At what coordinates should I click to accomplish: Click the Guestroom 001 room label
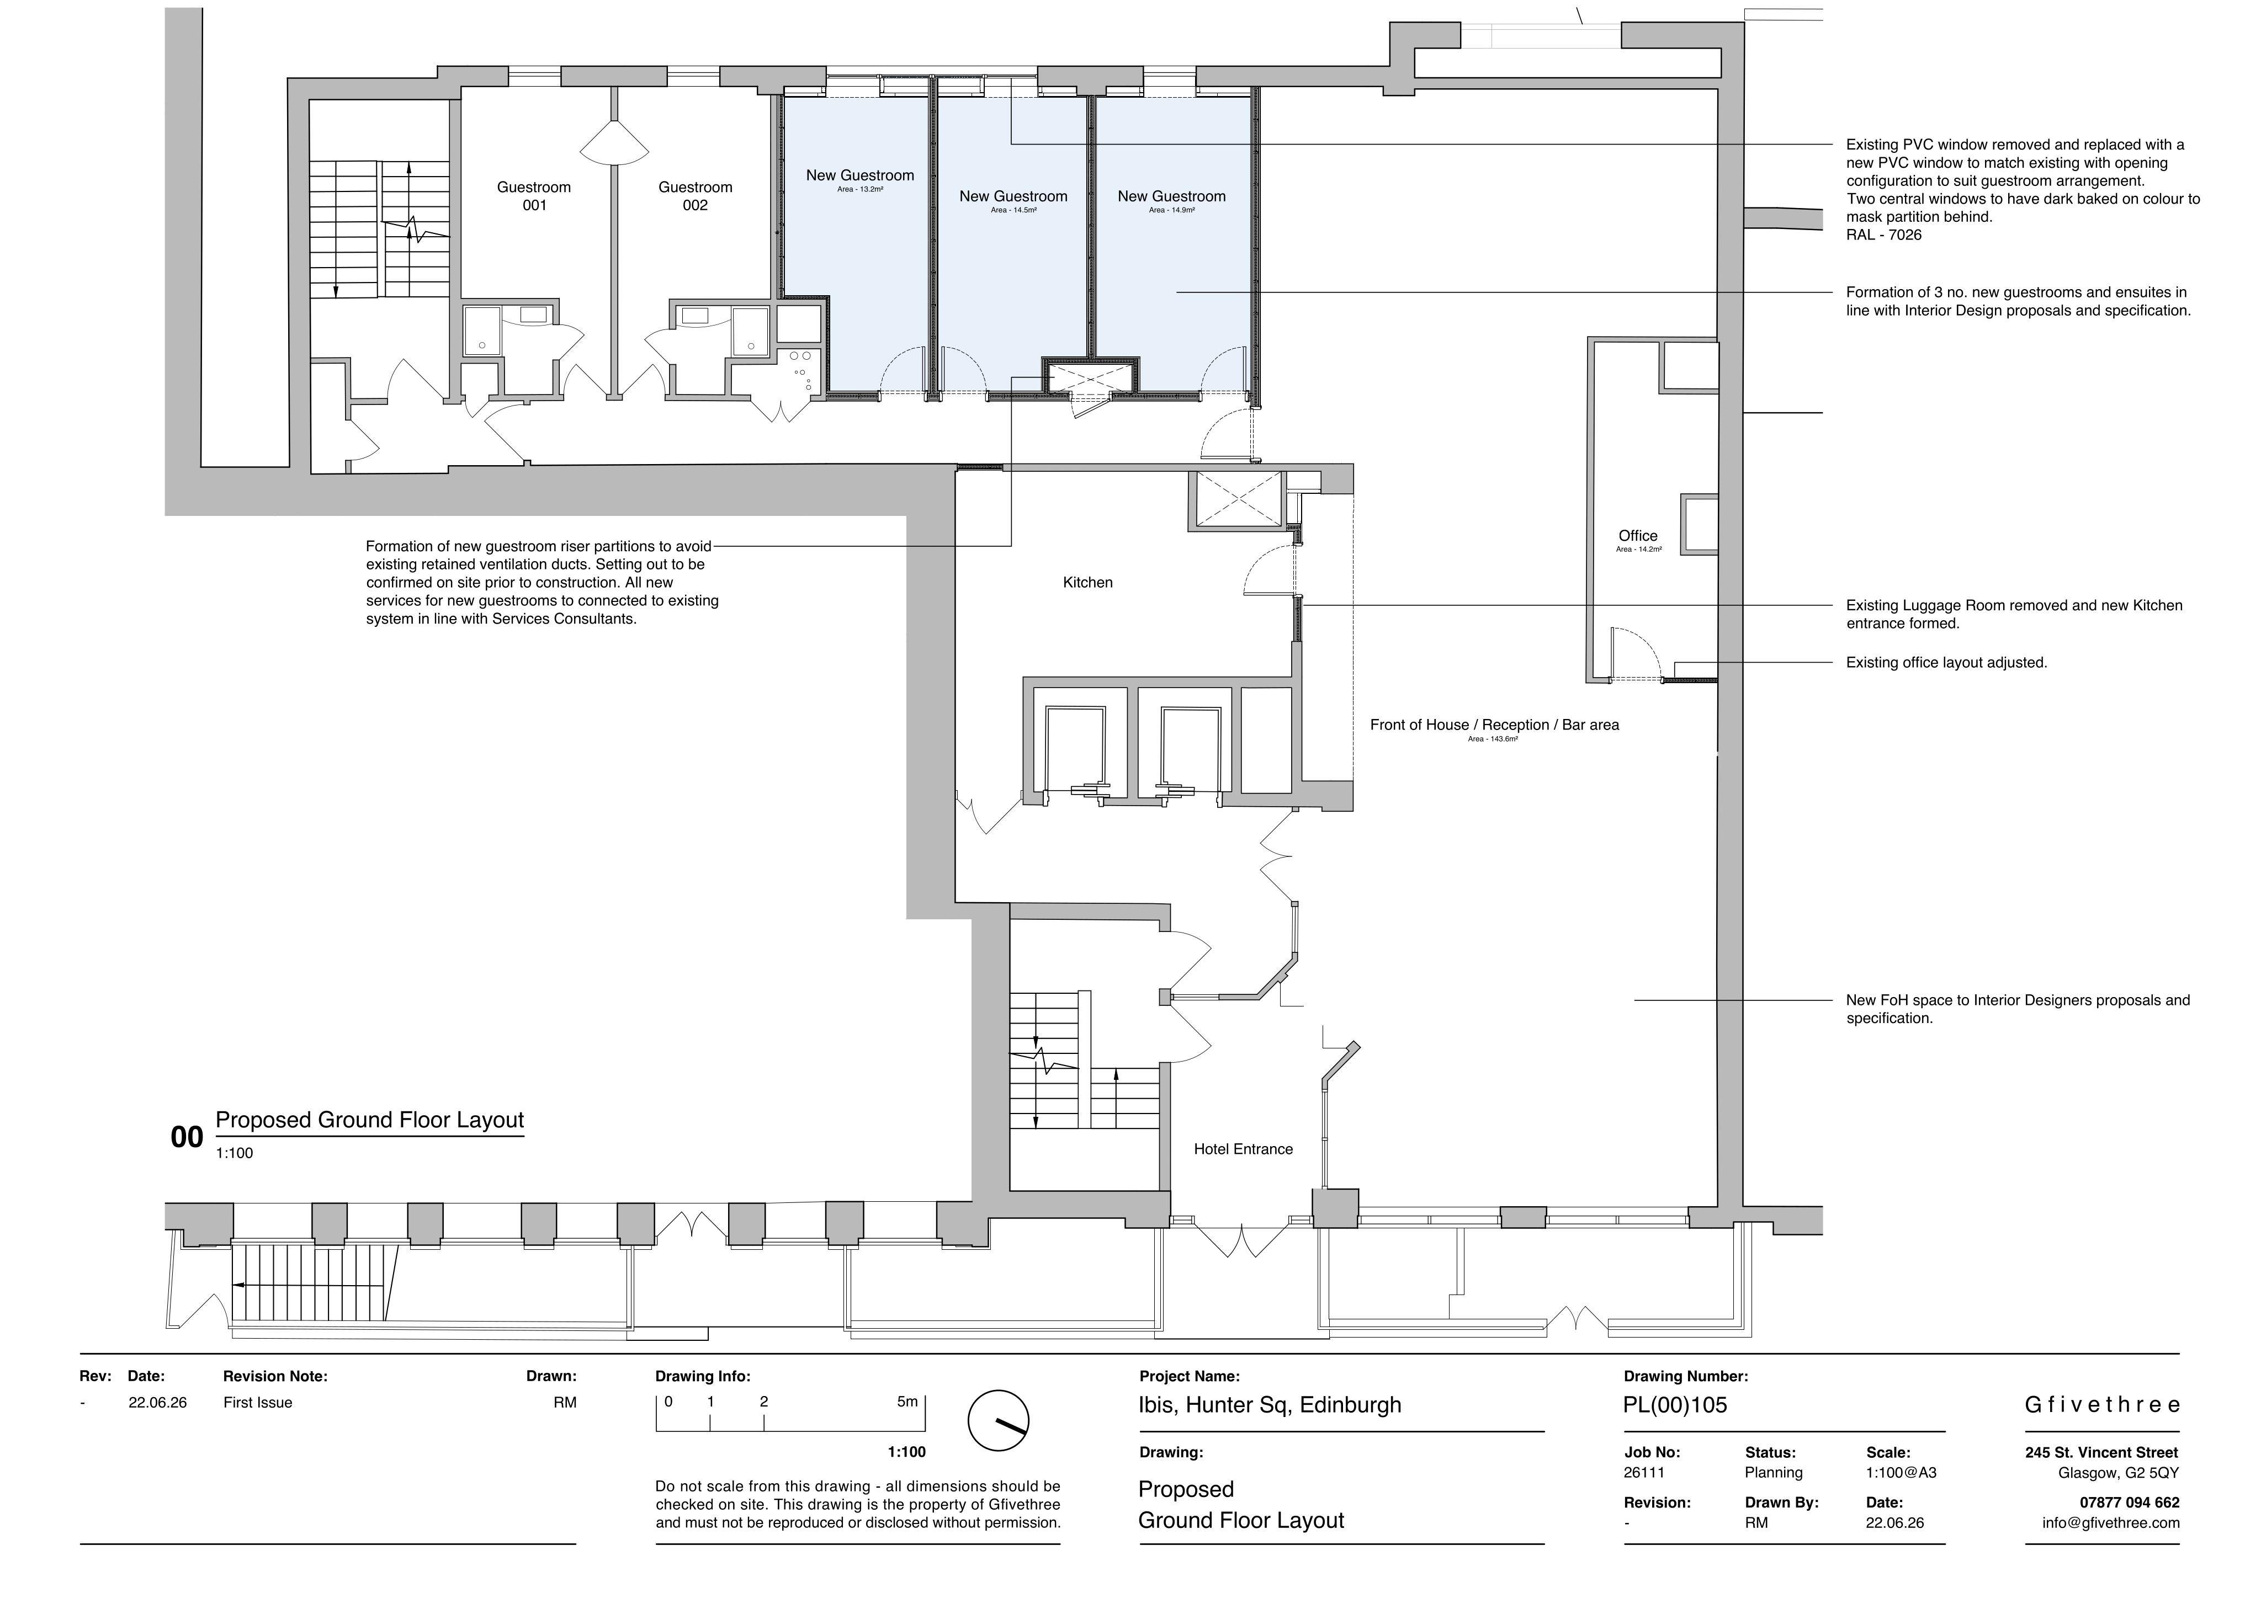(534, 196)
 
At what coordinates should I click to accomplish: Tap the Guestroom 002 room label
(695, 196)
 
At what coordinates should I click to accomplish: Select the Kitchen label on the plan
(1087, 583)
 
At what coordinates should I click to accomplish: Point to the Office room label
(1638, 536)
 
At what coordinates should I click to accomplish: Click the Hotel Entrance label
(1243, 1149)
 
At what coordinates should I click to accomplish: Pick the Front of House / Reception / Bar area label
(1494, 725)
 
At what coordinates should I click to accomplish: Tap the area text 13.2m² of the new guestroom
(859, 189)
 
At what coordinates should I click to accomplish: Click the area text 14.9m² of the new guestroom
(1171, 210)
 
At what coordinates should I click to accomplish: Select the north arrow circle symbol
(997, 1421)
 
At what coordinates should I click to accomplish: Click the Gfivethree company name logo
(2101, 1405)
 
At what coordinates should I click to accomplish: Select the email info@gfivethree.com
(2110, 1523)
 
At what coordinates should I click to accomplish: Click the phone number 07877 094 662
(2129, 1503)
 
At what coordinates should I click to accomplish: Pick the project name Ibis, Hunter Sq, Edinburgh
(1270, 1406)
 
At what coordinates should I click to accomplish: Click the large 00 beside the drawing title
(187, 1137)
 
